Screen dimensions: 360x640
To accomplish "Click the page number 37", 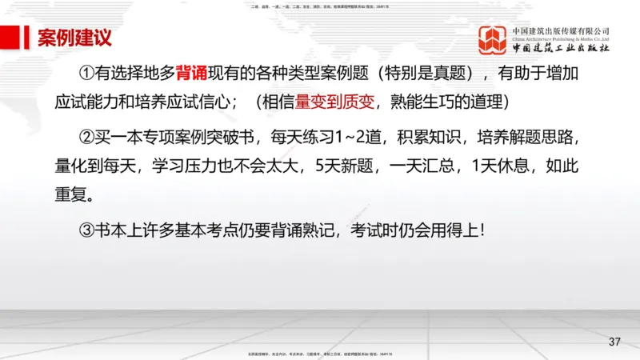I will (x=614, y=342).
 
